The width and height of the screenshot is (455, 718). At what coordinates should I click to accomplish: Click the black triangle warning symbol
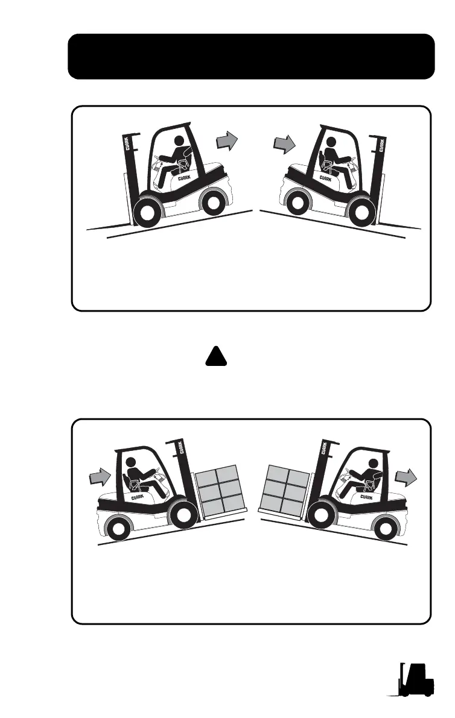click(216, 357)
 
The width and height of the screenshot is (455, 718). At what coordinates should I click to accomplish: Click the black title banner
click(251, 56)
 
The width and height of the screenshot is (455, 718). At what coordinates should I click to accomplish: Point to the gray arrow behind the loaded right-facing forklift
click(100, 477)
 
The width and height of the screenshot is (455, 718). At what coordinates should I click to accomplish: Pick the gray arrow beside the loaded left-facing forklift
click(406, 478)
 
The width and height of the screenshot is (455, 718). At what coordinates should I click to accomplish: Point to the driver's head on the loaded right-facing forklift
click(132, 462)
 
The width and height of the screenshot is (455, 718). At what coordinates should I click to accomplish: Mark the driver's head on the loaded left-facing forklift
click(374, 464)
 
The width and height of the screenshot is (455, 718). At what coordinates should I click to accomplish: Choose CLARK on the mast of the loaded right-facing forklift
click(180, 447)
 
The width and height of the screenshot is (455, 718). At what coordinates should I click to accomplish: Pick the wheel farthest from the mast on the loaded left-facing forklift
click(385, 527)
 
